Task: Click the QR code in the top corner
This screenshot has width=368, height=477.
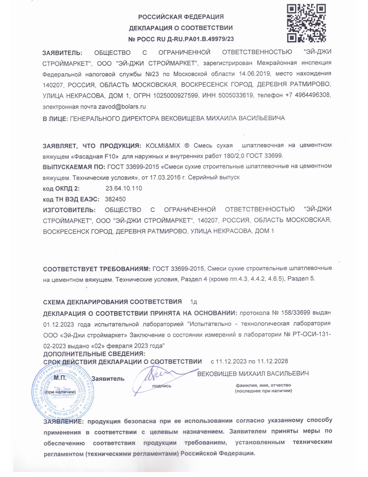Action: pyautogui.click(x=306, y=23)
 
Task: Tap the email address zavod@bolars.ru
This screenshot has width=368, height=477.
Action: pyautogui.click(x=122, y=107)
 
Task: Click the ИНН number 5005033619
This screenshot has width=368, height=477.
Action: pyautogui.click(x=236, y=95)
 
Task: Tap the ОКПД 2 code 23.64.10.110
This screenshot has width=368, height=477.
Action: pyautogui.click(x=124, y=188)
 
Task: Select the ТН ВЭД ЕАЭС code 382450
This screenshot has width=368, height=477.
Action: pyautogui.click(x=115, y=199)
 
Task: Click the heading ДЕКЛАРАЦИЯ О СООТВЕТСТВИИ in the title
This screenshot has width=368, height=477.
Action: pyautogui.click(x=181, y=28)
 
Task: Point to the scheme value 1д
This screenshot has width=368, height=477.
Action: pyautogui.click(x=193, y=302)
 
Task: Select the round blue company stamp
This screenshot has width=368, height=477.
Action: pyautogui.click(x=63, y=392)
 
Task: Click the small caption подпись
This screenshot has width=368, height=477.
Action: pyautogui.click(x=162, y=386)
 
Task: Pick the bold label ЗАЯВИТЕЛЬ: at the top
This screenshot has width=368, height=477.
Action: pyautogui.click(x=62, y=53)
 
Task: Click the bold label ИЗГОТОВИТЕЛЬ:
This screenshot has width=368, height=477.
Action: pyautogui.click(x=69, y=210)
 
